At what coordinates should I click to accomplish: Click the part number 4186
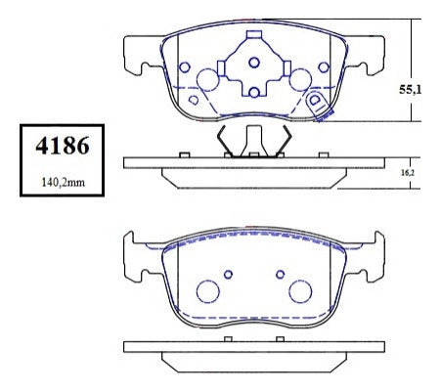click(63, 146)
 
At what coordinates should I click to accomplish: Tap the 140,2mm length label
click(64, 182)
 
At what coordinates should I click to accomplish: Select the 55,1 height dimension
click(410, 89)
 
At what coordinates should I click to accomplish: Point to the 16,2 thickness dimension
click(408, 173)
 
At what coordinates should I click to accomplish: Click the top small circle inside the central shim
click(254, 63)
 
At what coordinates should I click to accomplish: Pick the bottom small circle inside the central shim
click(254, 93)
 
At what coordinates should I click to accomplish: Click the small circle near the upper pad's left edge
click(185, 67)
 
